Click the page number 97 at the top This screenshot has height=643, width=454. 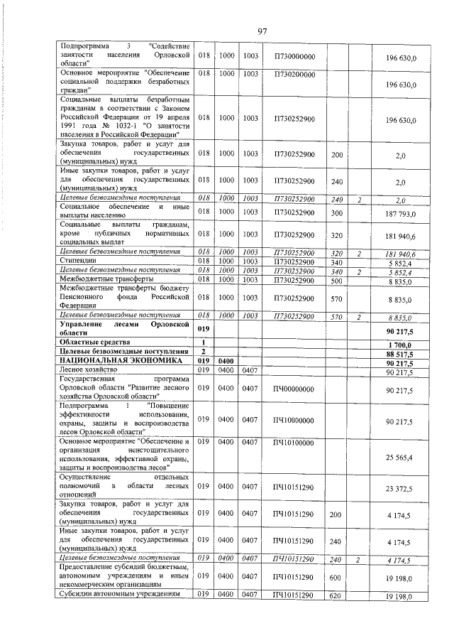pos(262,31)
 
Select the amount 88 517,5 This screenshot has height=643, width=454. pos(401,352)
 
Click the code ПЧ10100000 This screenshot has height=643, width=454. pos(294,442)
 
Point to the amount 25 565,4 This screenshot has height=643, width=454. pos(401,458)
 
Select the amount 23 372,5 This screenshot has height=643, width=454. pos(401,489)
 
